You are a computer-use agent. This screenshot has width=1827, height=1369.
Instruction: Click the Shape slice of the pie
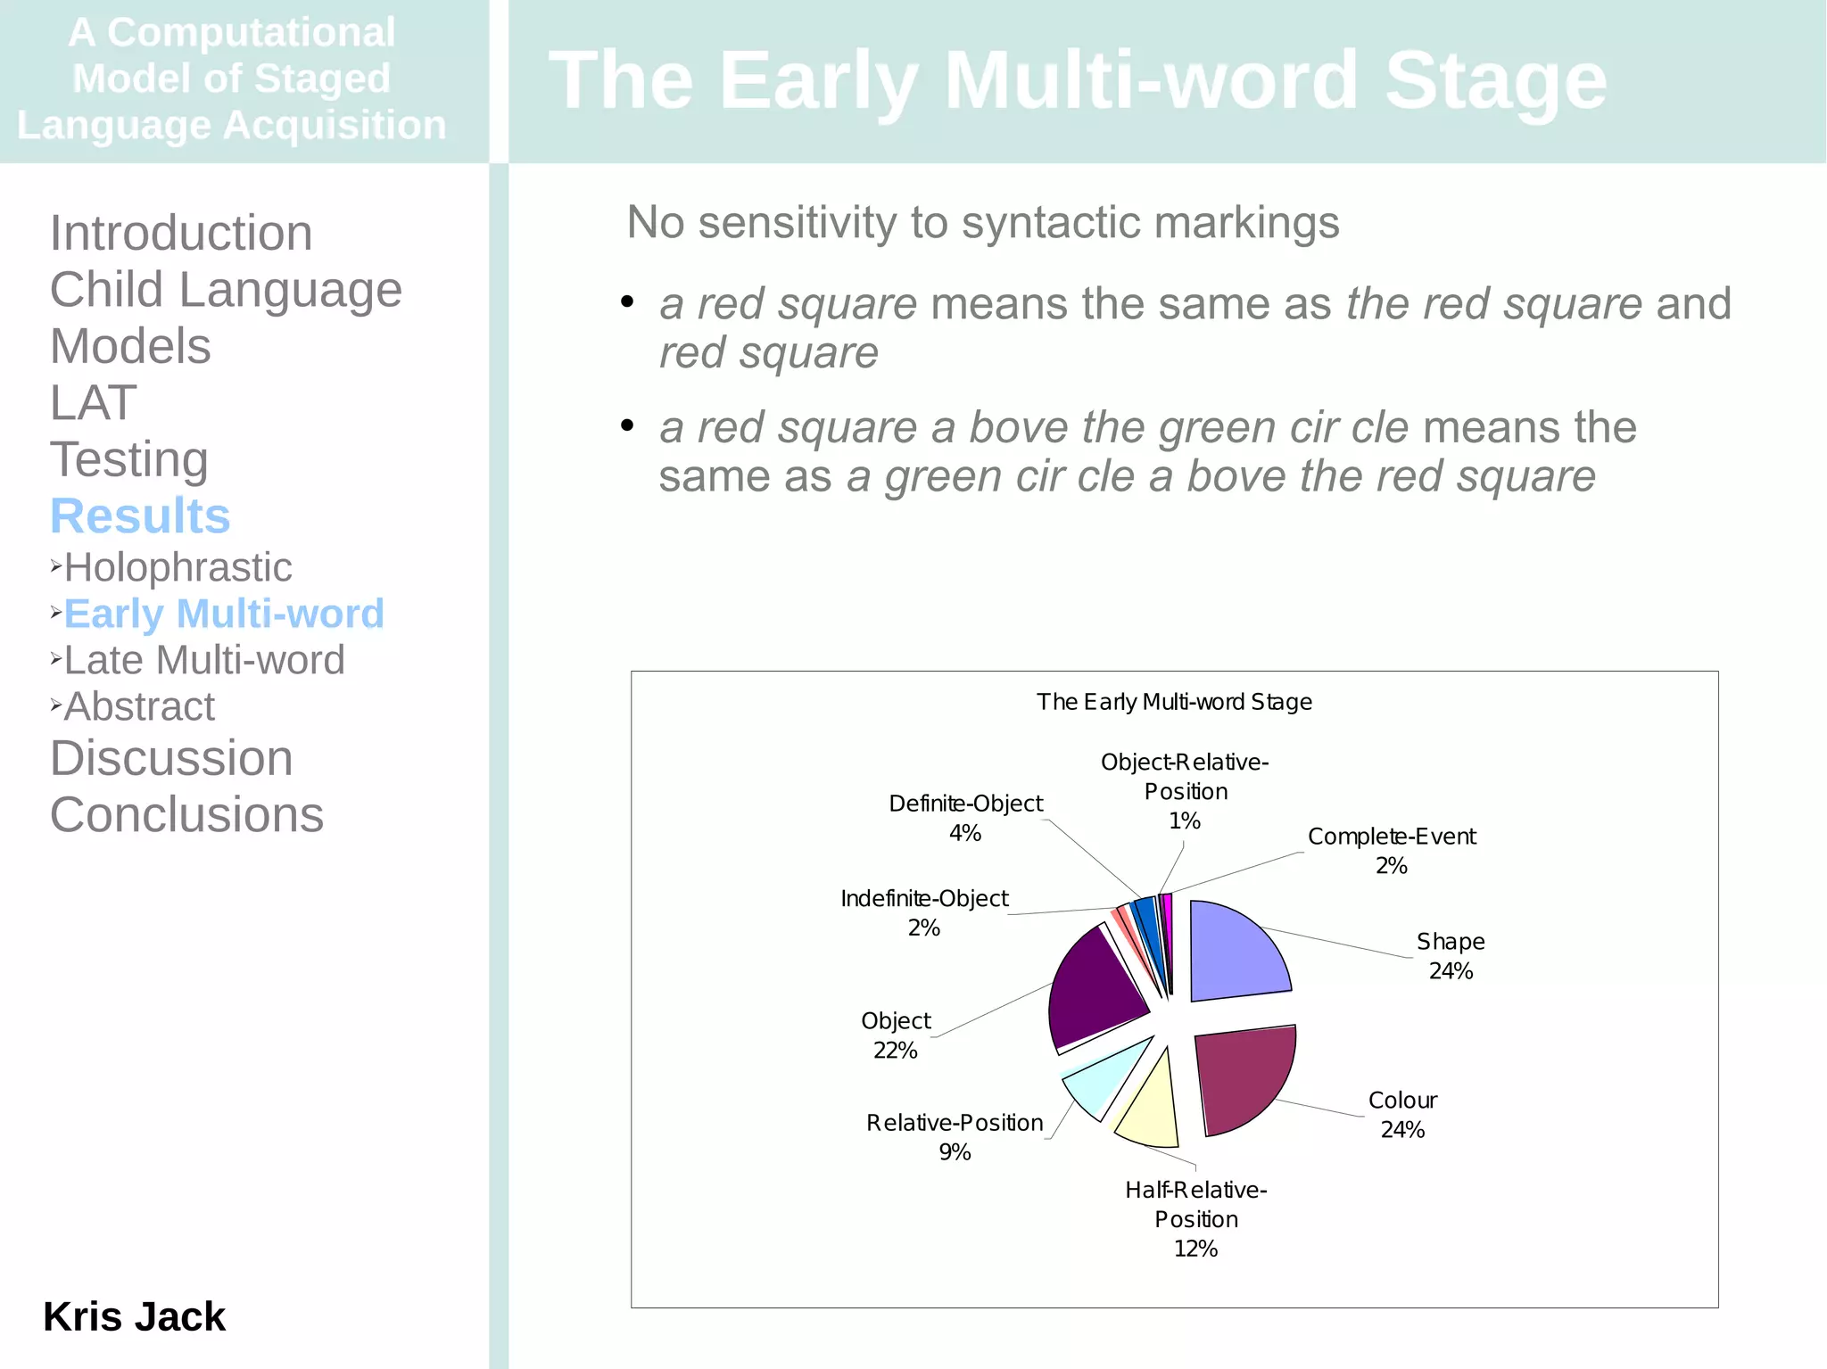1236,953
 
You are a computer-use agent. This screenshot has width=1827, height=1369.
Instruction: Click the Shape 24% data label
1451,956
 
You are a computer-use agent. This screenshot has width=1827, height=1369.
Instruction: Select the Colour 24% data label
1402,1115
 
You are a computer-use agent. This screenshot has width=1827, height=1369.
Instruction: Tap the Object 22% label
896,1035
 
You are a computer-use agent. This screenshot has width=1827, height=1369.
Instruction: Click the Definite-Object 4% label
965,818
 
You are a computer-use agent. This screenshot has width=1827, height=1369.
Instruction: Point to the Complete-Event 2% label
1392,851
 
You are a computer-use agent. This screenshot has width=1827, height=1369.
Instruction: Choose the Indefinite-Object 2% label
924,912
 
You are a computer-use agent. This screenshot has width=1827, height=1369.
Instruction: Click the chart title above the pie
1174,702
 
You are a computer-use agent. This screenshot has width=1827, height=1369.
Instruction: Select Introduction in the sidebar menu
181,233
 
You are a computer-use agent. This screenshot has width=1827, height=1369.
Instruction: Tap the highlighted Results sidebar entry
140,515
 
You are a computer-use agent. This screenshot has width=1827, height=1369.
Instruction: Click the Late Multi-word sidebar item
204,660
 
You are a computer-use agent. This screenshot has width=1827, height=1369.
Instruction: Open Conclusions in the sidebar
186,814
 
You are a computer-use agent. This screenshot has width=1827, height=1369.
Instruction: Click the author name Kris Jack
134,1316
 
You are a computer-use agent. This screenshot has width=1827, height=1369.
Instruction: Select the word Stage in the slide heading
1495,80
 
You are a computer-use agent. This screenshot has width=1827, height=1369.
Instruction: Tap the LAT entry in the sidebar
93,402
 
